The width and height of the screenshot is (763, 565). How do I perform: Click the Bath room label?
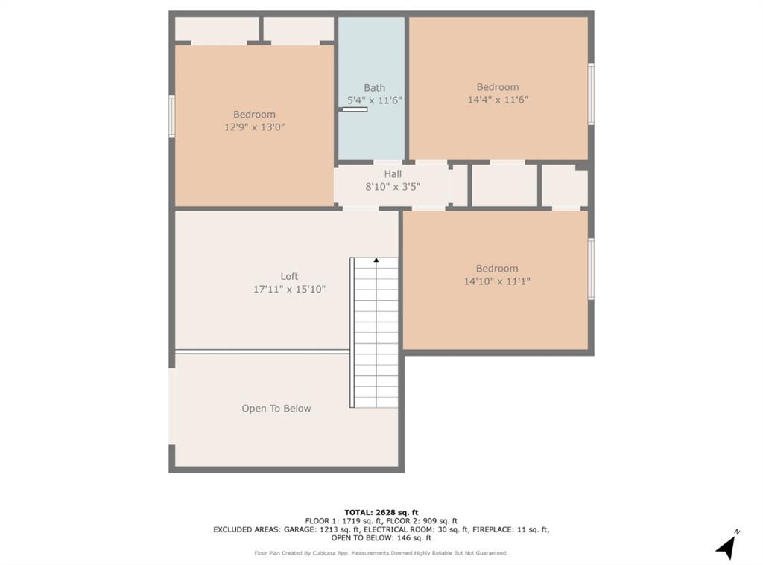[374, 88]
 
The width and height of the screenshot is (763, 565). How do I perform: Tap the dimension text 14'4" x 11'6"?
[498, 100]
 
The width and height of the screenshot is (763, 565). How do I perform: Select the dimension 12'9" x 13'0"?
[254, 127]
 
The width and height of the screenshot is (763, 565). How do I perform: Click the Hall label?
[393, 174]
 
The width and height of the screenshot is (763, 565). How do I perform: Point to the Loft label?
[289, 276]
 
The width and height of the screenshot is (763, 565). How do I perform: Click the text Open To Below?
[276, 409]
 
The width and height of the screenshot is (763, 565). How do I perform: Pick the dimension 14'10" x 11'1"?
[497, 281]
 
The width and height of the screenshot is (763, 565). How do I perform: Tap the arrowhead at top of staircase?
[376, 260]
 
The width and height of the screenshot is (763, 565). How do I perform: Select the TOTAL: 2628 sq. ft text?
[381, 512]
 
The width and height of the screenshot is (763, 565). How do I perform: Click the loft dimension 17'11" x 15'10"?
[289, 289]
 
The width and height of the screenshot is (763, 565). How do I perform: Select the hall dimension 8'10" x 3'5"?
[393, 187]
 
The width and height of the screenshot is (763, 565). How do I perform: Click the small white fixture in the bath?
[354, 110]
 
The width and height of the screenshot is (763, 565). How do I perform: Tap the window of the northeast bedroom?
[591, 94]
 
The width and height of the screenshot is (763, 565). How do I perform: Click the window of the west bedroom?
[171, 116]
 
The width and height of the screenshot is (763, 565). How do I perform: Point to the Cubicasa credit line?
[381, 553]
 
